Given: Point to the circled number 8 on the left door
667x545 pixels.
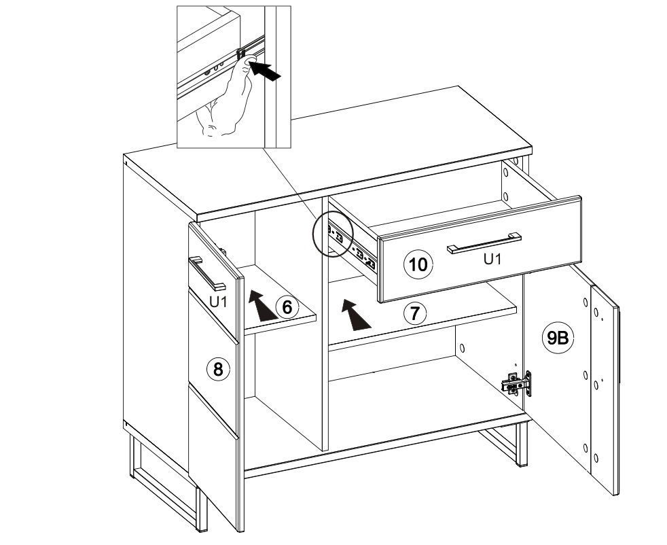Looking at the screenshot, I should [x=217, y=369].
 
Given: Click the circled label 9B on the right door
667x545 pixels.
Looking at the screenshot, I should [x=558, y=338].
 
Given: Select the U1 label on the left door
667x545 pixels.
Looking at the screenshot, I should [x=217, y=301].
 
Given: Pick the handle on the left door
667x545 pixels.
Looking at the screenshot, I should [x=206, y=273].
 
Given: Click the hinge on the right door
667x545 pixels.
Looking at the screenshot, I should [x=517, y=383].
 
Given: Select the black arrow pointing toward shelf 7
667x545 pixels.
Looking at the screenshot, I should [x=355, y=315].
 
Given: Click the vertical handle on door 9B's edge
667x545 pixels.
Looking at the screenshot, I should [x=620, y=340].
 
